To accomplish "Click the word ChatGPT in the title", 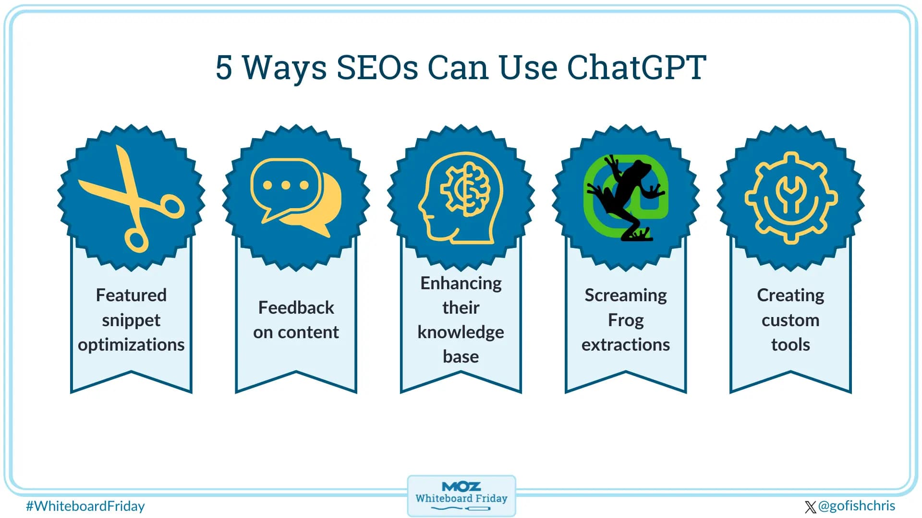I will pos(636,67).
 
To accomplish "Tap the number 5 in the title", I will pos(224,67).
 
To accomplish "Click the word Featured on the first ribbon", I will pos(131,295).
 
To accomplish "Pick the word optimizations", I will pos(131,344).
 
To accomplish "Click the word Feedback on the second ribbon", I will pos(296,307).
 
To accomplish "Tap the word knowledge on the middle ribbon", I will pos(461,332).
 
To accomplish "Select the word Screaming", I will pos(625,295).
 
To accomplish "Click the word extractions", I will pos(625,344).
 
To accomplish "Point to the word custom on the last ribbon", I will pos(790,320).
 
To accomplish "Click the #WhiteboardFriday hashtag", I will pos(85,506).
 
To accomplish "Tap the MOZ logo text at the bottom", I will pos(461,486).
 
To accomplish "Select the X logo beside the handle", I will pos(810,507).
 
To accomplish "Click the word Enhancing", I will pos(461,283).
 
